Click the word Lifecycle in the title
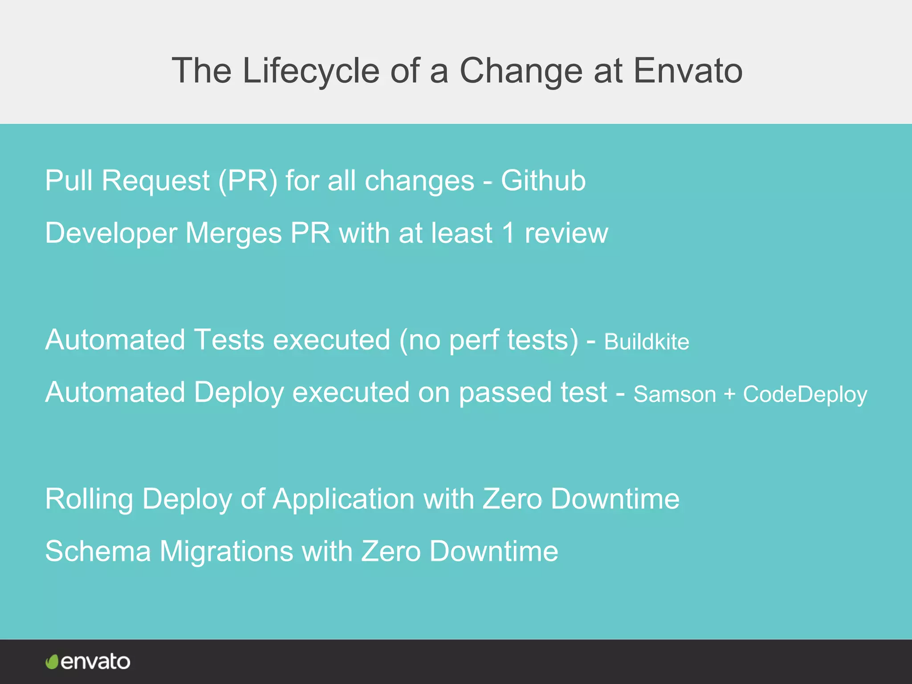click(x=310, y=71)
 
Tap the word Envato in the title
click(x=688, y=71)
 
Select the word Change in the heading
click(x=521, y=71)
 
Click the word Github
click(x=543, y=181)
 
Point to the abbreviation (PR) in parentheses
click(x=248, y=181)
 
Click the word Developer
click(x=111, y=233)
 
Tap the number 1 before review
click(x=508, y=233)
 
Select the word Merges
click(x=233, y=233)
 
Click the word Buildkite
click(x=646, y=342)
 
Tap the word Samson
click(x=674, y=395)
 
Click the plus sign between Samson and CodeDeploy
click(x=729, y=395)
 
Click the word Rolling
click(x=89, y=499)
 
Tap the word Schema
click(x=98, y=551)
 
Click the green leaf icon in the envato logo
click(x=52, y=662)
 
